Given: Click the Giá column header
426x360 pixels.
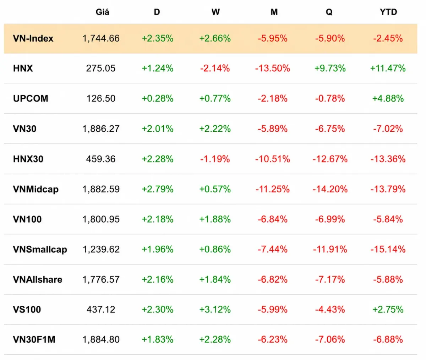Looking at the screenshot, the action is pos(103,12).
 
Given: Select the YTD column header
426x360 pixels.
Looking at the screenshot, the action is pos(388,12).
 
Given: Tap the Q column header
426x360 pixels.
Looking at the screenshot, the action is pos(329,12).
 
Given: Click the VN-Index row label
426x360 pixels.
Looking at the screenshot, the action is pos(33,38).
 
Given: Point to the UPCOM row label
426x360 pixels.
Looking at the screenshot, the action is pos(31,98).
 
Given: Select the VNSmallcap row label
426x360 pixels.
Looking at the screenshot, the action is pos(40,249).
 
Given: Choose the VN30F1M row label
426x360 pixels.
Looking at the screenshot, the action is pos(34,340).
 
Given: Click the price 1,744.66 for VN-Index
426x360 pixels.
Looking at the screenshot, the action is pos(101,38).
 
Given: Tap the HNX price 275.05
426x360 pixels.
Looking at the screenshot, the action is pos(101,68).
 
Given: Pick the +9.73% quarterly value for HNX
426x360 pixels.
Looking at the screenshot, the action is pos(330,68).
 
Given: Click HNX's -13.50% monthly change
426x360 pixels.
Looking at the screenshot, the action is pos(272,68).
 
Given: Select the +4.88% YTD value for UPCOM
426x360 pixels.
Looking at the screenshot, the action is pos(388,98).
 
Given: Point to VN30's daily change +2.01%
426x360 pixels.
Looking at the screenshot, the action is pos(158,129).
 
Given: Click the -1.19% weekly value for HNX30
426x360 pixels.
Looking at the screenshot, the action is pos(215,159).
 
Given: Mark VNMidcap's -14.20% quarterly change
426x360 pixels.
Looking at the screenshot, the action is pos(330,189).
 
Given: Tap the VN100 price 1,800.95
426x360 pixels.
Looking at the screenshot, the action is pos(101,219).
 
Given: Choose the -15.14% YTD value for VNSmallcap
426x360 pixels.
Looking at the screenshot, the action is pos(388,249).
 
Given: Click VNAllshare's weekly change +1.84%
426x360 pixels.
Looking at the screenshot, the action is pos(215,279).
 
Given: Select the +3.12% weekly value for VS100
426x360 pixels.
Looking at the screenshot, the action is pos(215,309).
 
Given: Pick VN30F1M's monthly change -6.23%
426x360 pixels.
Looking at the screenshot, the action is pos(272,340).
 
